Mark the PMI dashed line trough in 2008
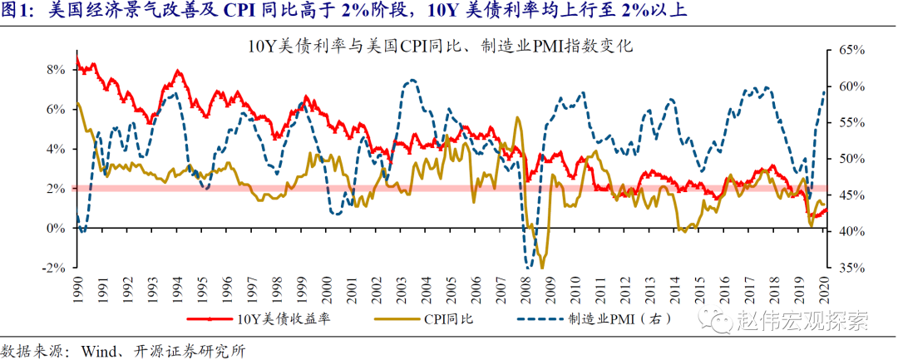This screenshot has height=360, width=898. tap(530, 265)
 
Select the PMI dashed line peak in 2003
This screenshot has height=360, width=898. tap(411, 81)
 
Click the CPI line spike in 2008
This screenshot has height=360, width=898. tap(518, 118)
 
